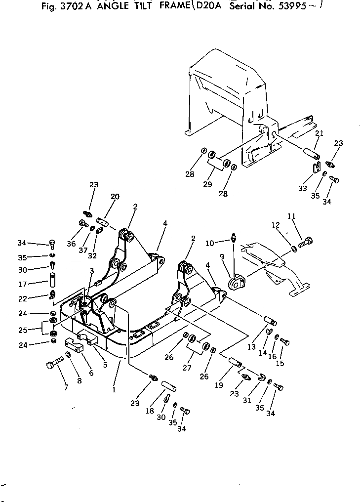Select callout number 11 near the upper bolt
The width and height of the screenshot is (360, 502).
[291, 216]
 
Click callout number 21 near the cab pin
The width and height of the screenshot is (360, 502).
[319, 133]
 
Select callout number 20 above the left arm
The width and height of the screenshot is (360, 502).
[115, 196]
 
